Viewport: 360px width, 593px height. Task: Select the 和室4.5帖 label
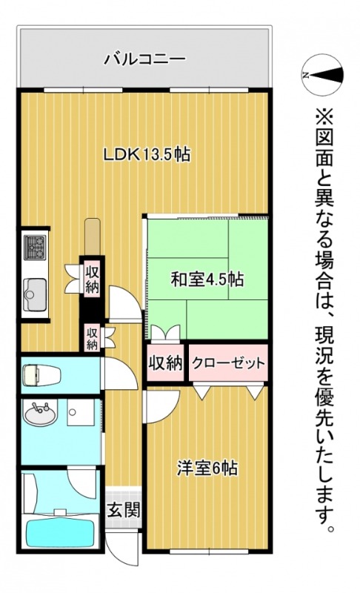tap(207, 279)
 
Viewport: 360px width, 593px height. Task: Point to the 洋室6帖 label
tap(207, 468)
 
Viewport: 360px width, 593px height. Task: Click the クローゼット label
tap(228, 363)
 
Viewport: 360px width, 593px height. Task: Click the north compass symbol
tap(323, 74)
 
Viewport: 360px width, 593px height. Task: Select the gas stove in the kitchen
tap(34, 246)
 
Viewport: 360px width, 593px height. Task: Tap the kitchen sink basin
tap(33, 291)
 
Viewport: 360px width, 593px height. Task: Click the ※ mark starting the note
tap(325, 118)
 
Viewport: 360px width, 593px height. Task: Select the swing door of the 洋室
tap(161, 404)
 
